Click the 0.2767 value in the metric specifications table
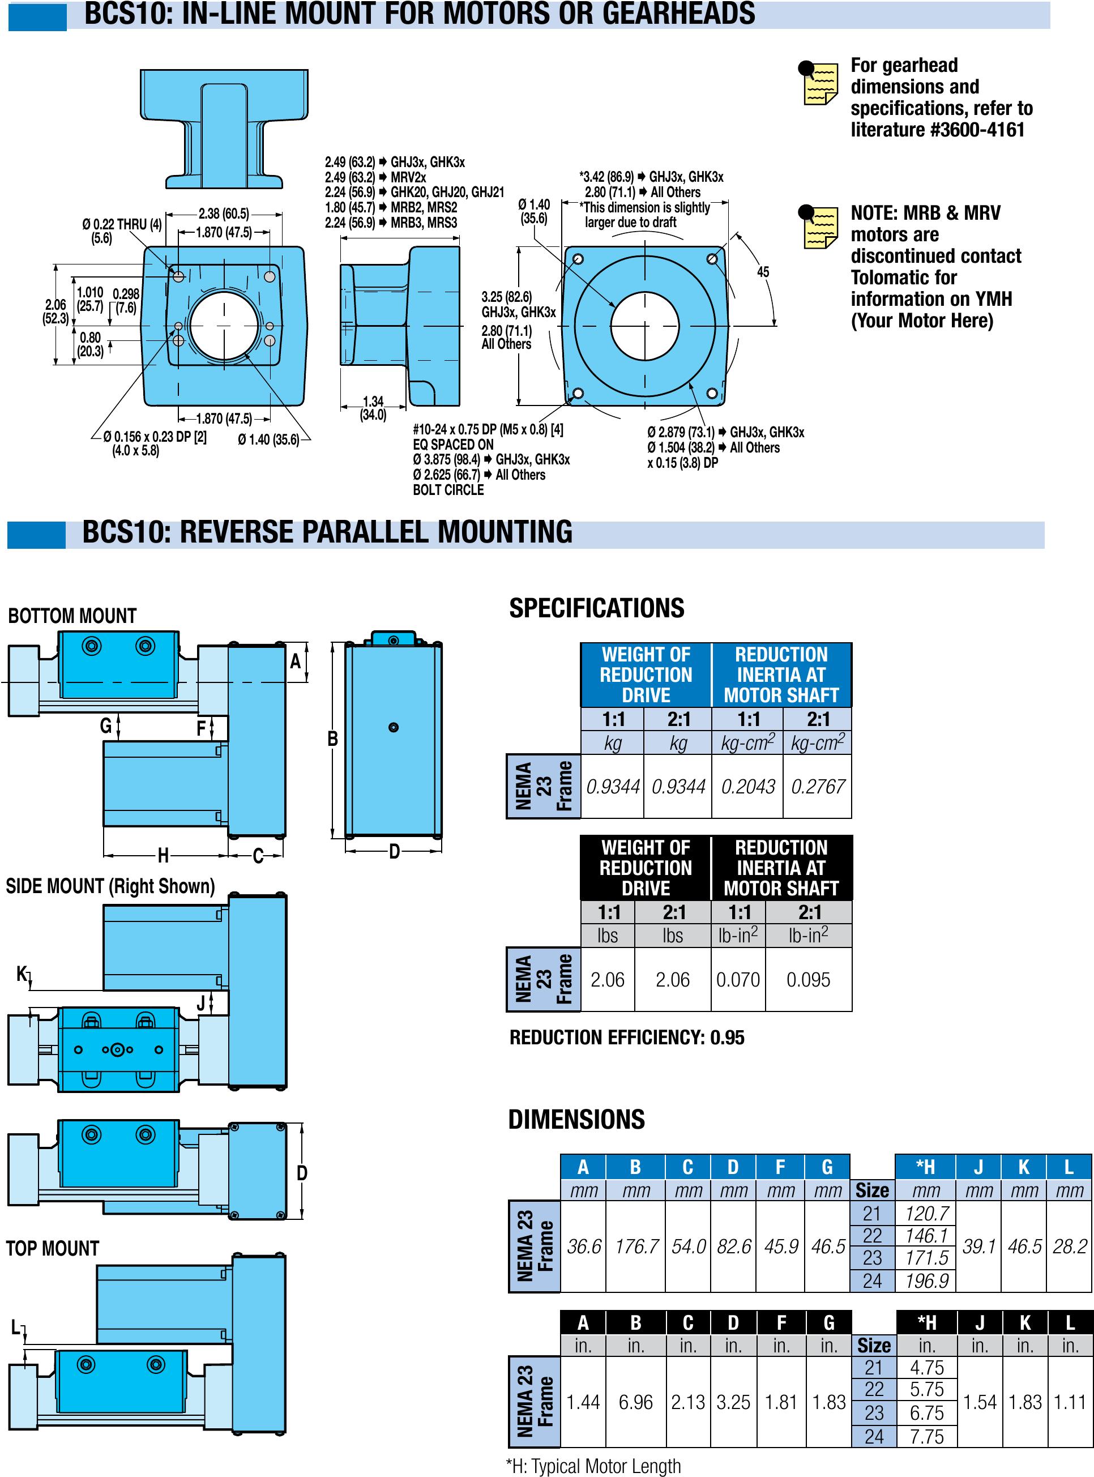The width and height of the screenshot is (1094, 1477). pos(817,786)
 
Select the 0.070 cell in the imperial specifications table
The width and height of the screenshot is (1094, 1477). pos(738,980)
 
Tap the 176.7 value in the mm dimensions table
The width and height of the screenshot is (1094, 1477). pos(636,1247)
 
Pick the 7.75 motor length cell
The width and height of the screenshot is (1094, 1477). pos(926,1437)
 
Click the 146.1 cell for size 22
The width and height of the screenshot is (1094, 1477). pos(926,1235)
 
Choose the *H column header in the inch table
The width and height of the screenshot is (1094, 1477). pos(926,1323)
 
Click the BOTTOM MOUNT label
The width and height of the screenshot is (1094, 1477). pos(72,616)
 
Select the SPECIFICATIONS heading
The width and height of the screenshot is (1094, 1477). pos(596,608)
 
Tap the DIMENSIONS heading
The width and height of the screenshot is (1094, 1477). pos(576,1119)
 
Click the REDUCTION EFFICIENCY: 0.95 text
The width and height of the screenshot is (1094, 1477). pos(626,1037)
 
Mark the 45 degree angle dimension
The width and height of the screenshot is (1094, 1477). pos(763,271)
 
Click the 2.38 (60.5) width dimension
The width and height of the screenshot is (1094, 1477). pos(224,214)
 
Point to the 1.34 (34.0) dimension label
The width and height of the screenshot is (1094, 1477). pos(373,408)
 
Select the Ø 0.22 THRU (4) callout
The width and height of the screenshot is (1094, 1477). pos(122,224)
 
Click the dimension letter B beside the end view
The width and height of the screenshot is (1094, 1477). pos(332,738)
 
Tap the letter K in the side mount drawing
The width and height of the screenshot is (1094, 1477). pos(22,973)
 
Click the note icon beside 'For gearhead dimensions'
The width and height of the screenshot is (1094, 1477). pos(818,83)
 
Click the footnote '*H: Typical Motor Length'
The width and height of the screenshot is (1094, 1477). pos(593,1466)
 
